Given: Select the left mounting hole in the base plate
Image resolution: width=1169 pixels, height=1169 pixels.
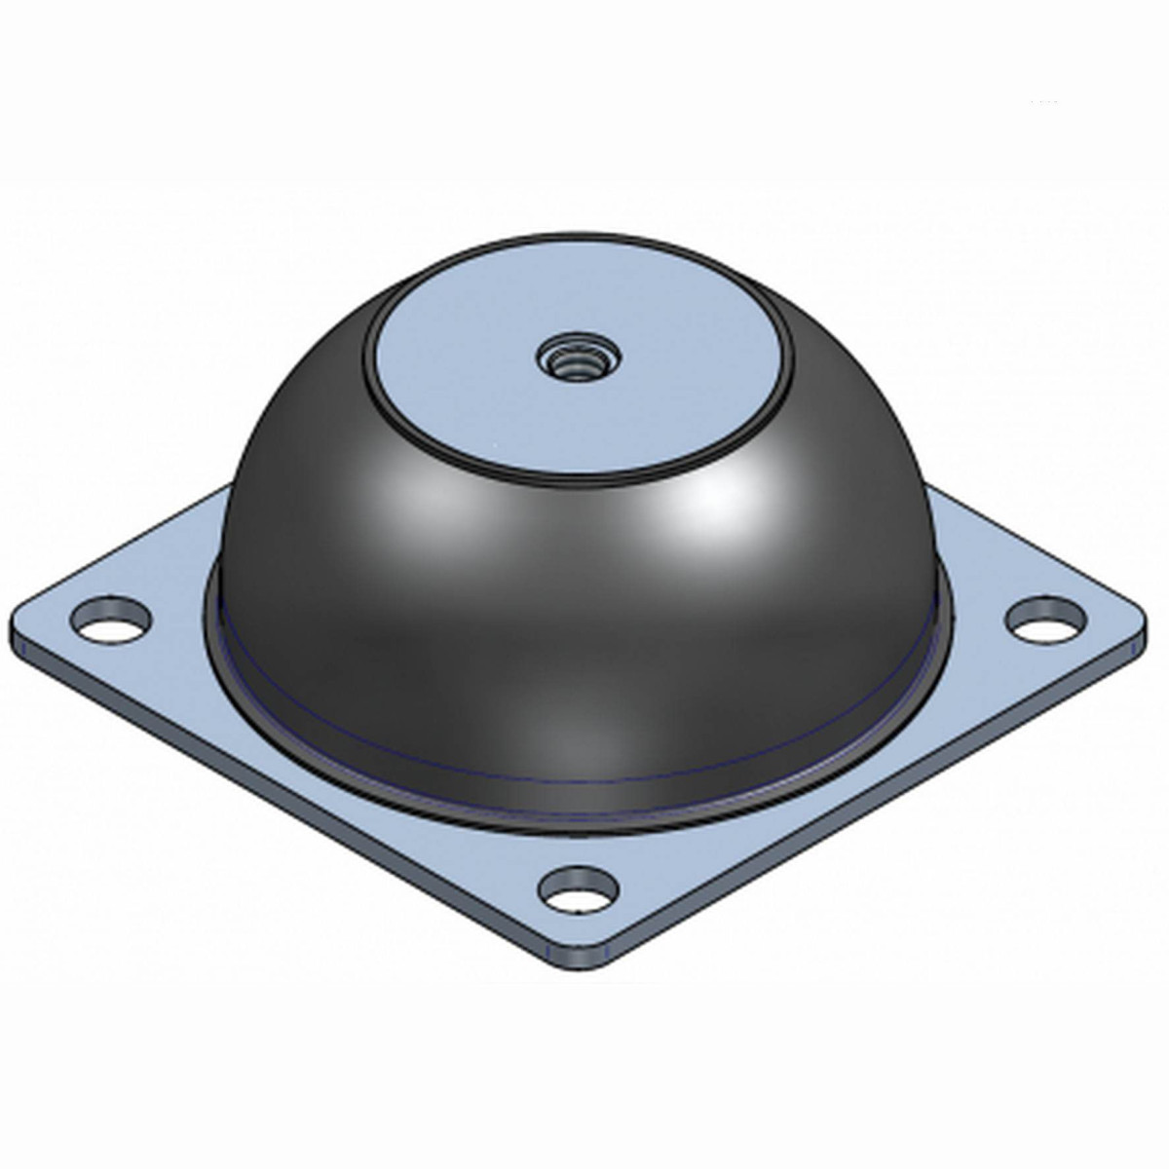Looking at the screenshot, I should tap(112, 621).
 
